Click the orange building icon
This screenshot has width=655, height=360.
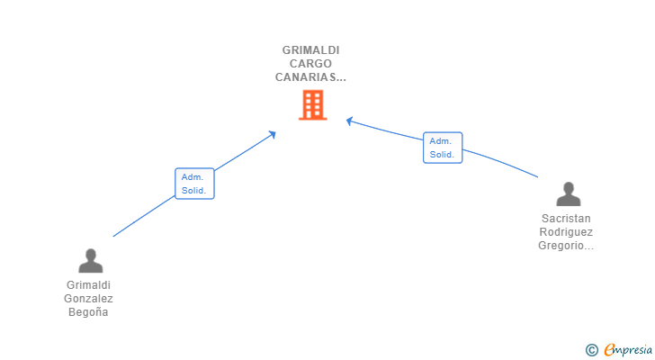point(311,106)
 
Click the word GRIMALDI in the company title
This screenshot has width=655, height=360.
point(310,50)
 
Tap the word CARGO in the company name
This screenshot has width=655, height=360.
point(310,64)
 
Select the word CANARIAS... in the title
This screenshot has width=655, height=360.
point(310,77)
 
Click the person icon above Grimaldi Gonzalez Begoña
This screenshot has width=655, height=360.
point(90,261)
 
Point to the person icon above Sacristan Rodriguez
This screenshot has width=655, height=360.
point(568,193)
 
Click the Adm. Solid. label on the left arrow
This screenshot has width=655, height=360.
point(194,184)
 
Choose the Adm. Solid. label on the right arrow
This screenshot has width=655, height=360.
point(443,148)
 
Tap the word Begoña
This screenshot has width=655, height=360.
point(88,312)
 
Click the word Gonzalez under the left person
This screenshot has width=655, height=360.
point(88,299)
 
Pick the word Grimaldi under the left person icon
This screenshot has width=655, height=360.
point(88,285)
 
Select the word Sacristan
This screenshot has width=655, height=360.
point(567,219)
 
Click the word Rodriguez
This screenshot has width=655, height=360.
point(567,232)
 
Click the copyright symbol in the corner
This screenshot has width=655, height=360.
point(591,349)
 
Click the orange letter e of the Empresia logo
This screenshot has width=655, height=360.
point(609,349)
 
